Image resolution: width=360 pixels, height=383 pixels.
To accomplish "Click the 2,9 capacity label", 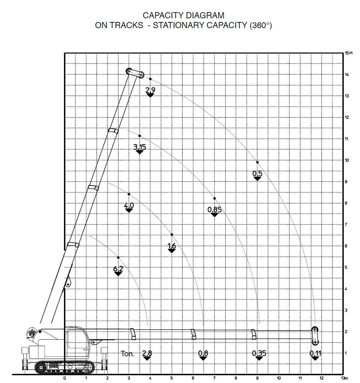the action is click(x=150, y=90).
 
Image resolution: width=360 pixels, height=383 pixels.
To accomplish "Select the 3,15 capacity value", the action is click(x=139, y=147).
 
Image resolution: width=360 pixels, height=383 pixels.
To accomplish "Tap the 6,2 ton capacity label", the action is click(x=118, y=269).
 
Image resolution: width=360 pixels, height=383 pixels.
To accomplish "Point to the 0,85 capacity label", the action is click(x=214, y=210).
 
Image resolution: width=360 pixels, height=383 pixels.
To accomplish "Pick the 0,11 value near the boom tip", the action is click(x=315, y=353).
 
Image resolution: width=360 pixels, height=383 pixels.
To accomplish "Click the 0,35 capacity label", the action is click(x=259, y=353).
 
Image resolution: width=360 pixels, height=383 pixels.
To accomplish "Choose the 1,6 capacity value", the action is click(x=172, y=246).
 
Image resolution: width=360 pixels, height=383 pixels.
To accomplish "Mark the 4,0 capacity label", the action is click(x=129, y=205).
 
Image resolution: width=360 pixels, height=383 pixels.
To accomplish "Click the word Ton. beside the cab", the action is click(x=128, y=354).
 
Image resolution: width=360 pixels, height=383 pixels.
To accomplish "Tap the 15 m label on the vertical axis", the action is click(x=349, y=53).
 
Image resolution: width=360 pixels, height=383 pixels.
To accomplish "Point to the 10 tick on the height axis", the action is click(x=346, y=160).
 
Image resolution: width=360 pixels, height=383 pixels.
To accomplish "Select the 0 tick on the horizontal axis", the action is click(x=64, y=378).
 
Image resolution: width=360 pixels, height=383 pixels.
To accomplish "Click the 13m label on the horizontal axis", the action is click(x=344, y=378).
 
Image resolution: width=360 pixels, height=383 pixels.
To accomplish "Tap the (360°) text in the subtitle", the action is click(x=261, y=25).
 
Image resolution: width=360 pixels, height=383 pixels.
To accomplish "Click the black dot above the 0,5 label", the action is click(x=257, y=162).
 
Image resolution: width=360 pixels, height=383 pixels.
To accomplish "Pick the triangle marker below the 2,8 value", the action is click(x=147, y=358).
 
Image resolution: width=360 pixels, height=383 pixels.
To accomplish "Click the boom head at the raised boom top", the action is click(x=135, y=73).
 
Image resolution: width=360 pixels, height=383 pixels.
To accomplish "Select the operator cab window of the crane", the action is click(x=74, y=339).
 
